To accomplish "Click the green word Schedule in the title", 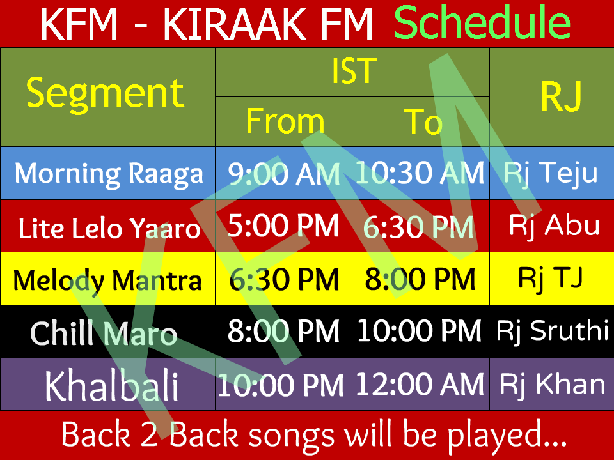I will coord(482,24).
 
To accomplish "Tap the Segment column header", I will coord(106,93).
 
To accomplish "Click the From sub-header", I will coord(285,121).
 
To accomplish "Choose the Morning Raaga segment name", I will coord(109,174).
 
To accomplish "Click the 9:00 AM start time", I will coord(284,174).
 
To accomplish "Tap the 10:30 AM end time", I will coord(420,173).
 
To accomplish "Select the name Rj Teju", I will coord(551,172).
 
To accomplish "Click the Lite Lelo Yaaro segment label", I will coord(109,228).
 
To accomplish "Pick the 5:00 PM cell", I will coord(284,226).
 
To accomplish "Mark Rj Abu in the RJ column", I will coord(554,226).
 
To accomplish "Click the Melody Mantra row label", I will coord(107,280).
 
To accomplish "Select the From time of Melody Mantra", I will coord(284,279).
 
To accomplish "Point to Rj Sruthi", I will coord(552,331).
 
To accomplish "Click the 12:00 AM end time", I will coord(420,385).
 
